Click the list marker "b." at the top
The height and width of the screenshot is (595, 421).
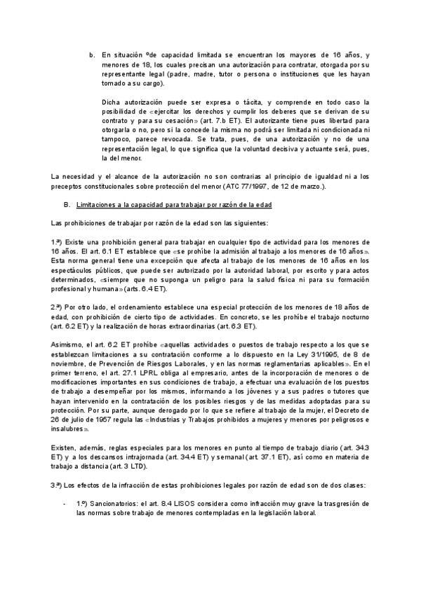[91, 54]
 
